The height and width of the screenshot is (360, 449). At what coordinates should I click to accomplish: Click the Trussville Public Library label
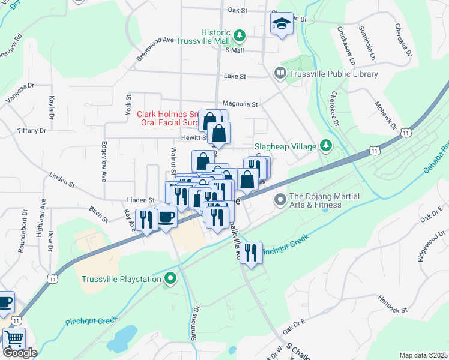[334, 74]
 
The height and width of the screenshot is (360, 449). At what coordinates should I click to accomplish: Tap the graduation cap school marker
[282, 25]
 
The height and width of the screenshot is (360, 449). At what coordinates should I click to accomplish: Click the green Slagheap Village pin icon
[326, 145]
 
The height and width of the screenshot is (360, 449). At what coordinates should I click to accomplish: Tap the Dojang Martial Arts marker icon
[280, 199]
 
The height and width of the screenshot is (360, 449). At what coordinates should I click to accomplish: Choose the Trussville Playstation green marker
[171, 279]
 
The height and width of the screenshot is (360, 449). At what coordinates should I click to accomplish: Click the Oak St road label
[238, 10]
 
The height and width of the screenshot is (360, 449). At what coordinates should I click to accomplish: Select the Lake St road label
[235, 76]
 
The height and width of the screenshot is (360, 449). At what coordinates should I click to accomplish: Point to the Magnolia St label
[240, 104]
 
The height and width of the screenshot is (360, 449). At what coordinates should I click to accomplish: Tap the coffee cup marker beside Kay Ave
[166, 217]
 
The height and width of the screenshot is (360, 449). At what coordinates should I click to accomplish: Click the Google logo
[20, 353]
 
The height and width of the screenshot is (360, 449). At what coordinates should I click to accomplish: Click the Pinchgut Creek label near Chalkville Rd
[286, 242]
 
